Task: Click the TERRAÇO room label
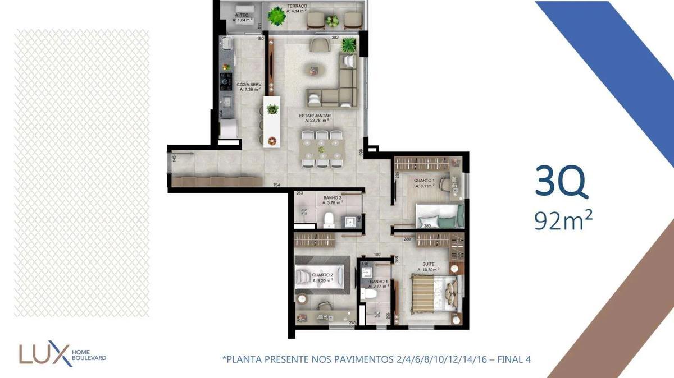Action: [297, 6]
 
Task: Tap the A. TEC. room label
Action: [242, 16]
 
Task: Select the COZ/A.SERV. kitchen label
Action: [249, 85]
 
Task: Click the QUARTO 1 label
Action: [425, 181]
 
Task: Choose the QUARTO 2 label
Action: [322, 275]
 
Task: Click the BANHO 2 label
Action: [333, 198]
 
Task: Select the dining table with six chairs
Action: [321, 149]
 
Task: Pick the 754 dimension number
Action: [276, 185]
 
